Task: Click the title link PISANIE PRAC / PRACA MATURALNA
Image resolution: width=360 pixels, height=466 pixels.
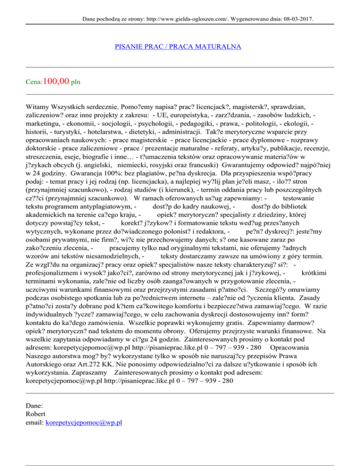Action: [178, 47]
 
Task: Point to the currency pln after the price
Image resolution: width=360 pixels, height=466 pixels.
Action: [75, 83]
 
